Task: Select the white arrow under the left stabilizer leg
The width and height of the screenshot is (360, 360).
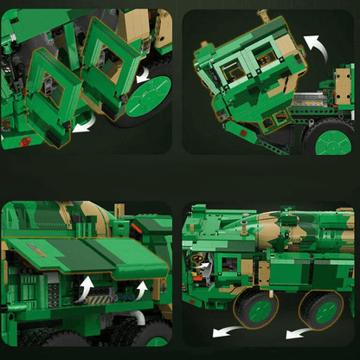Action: pos(82,126)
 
